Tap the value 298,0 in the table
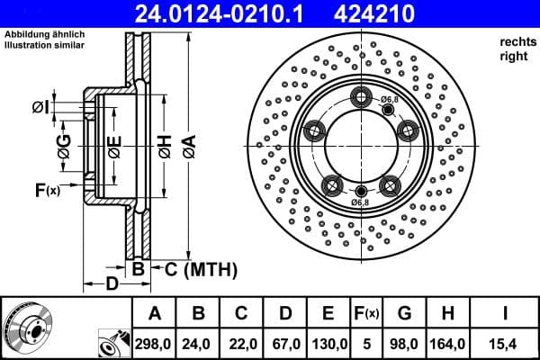click(x=154, y=342)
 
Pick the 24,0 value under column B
click(x=198, y=342)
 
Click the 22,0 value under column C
click(x=241, y=342)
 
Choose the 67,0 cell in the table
click(x=284, y=342)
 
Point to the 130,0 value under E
click(x=328, y=342)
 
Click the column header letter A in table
click(x=154, y=313)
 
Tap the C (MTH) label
click(x=195, y=268)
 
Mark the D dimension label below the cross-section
click(x=110, y=285)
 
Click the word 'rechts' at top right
click(x=517, y=41)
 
